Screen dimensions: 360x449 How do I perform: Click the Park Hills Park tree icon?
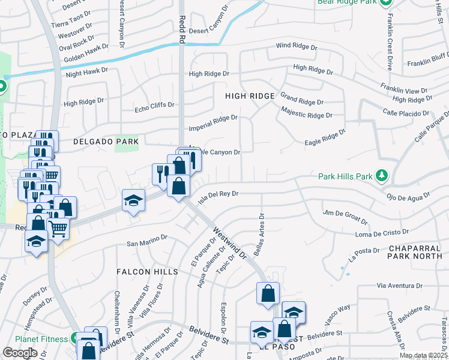[381, 176]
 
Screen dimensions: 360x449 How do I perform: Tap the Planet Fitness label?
[41, 339]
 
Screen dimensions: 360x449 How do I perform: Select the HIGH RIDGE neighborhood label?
[250, 96]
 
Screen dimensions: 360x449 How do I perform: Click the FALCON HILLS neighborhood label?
[148, 272]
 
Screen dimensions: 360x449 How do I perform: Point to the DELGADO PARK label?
[106, 142]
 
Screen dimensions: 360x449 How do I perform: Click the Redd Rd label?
[180, 30]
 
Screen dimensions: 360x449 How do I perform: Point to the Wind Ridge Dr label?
[296, 46]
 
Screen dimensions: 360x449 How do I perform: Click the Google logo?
[20, 353]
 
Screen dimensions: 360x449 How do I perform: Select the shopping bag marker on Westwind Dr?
[268, 293]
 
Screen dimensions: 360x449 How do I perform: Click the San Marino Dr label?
[146, 241]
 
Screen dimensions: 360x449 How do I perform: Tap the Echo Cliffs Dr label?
[154, 105]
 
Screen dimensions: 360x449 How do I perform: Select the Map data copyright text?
[424, 356]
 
